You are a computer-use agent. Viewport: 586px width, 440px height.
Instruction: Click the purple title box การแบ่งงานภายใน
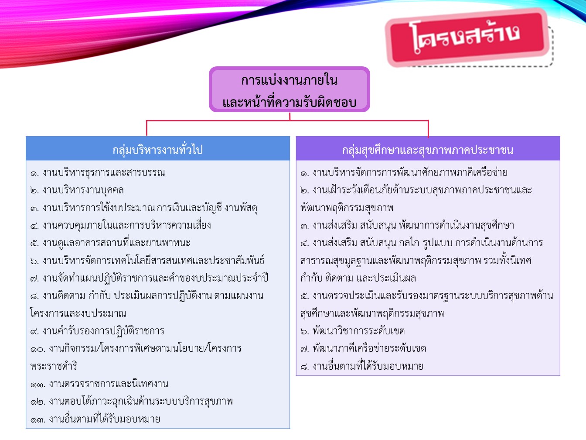click(290, 89)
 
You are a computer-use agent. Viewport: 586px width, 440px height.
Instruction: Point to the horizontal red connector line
click(287, 121)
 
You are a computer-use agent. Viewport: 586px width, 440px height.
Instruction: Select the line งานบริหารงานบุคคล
click(83, 190)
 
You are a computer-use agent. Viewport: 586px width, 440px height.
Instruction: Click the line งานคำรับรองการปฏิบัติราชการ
click(103, 331)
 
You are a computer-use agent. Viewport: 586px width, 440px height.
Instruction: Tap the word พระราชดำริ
click(54, 366)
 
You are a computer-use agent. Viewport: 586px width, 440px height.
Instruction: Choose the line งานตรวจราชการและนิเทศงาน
click(109, 384)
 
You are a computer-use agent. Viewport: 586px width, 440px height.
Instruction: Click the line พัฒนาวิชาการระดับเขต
click(359, 331)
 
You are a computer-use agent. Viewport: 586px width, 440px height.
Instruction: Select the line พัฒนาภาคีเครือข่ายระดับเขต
click(369, 349)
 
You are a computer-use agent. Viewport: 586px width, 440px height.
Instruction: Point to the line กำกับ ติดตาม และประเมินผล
click(358, 278)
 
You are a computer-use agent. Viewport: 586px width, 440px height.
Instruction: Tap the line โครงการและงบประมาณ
click(78, 313)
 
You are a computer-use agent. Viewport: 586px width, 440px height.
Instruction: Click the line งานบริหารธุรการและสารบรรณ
click(104, 173)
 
